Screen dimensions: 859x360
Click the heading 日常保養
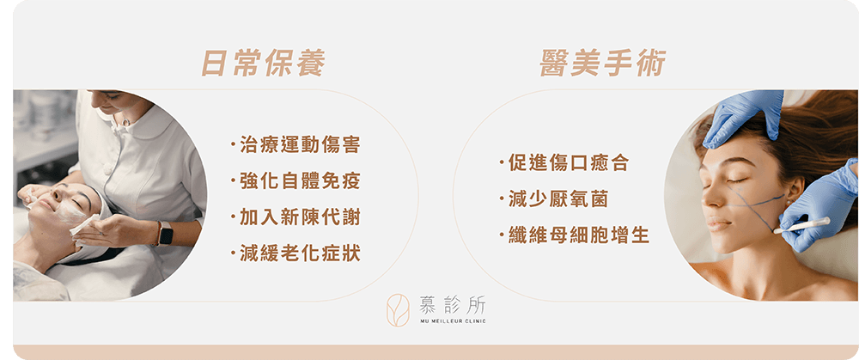[263, 63]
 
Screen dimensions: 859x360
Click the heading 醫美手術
[603, 63]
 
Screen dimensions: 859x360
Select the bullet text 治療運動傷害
[300, 146]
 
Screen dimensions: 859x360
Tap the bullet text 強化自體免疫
[300, 180]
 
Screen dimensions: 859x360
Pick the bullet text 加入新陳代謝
[300, 217]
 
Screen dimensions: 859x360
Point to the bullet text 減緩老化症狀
[300, 253]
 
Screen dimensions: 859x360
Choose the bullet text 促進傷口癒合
[568, 162]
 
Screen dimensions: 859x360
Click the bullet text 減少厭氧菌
[557, 199]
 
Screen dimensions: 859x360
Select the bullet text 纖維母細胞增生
[578, 235]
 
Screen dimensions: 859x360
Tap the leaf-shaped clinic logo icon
[398, 310]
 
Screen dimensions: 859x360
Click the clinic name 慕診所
[453, 305]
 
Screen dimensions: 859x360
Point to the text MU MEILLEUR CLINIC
[453, 321]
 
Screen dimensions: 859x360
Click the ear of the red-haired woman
[793, 188]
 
